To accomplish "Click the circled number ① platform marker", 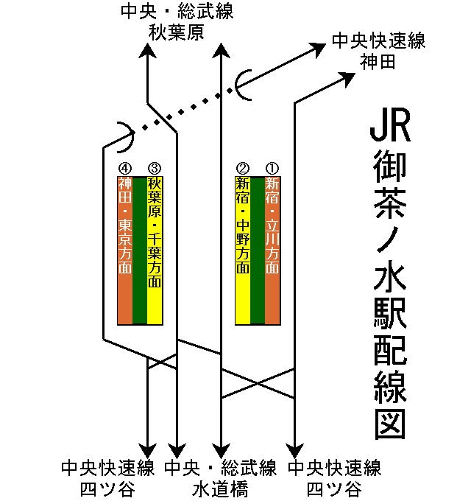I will (x=272, y=168).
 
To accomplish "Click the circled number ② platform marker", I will (x=243, y=168).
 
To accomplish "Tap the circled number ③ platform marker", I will (x=154, y=168).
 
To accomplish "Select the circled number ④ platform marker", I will (x=125, y=168).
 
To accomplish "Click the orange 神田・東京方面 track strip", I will (x=125, y=251).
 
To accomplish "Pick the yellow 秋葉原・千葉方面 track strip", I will (x=154, y=251).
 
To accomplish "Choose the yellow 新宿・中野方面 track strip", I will (x=243, y=251).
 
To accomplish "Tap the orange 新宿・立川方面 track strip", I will (x=272, y=251).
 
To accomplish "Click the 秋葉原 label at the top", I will (x=176, y=32).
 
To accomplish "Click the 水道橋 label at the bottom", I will (x=220, y=489).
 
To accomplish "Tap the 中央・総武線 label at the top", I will (x=176, y=13).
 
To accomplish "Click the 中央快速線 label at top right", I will (x=378, y=41).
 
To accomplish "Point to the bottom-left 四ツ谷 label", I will (x=107, y=489).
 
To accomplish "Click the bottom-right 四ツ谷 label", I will (x=335, y=489).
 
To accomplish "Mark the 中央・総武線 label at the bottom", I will (x=220, y=469).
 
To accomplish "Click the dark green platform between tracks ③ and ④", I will (x=140, y=251).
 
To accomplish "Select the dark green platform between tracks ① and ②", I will (x=258, y=251).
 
